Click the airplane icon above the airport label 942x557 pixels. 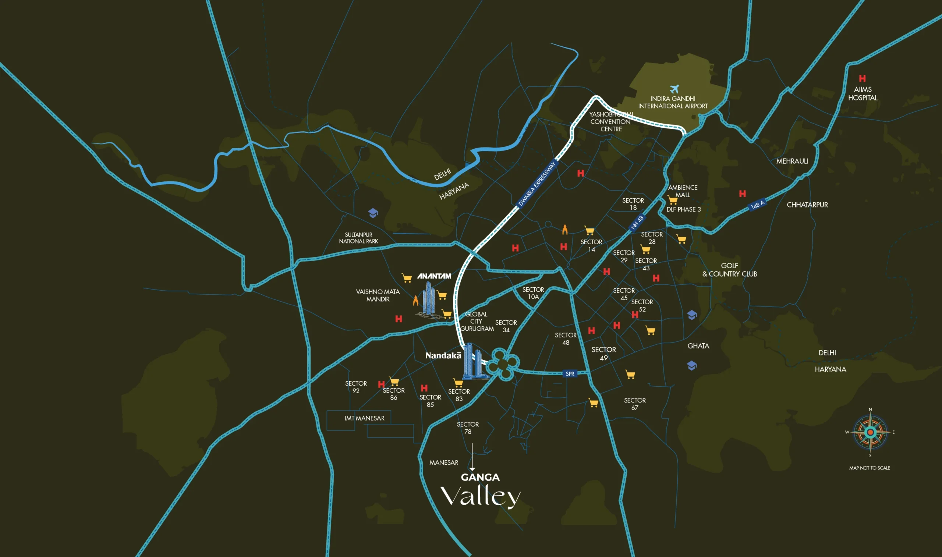tap(674, 89)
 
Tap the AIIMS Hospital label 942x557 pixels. tap(863, 93)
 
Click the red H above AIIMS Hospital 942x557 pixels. tap(863, 78)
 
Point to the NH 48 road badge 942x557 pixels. tap(637, 222)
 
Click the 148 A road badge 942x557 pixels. tap(757, 205)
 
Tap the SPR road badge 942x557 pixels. tap(570, 373)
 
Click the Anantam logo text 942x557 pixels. tap(434, 276)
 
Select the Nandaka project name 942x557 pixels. tap(443, 355)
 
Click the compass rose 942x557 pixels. tap(870, 432)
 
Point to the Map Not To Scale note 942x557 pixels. tap(870, 468)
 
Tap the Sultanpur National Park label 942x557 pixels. tap(358, 238)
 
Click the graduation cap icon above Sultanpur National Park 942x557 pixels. tap(373, 213)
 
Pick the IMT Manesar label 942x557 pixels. tap(364, 418)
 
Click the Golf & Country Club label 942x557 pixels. tap(730, 270)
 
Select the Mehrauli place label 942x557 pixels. tap(792, 161)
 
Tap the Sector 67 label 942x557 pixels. tap(635, 404)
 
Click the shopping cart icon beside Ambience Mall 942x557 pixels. tap(672, 200)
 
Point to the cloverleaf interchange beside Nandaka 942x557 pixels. tap(503, 364)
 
